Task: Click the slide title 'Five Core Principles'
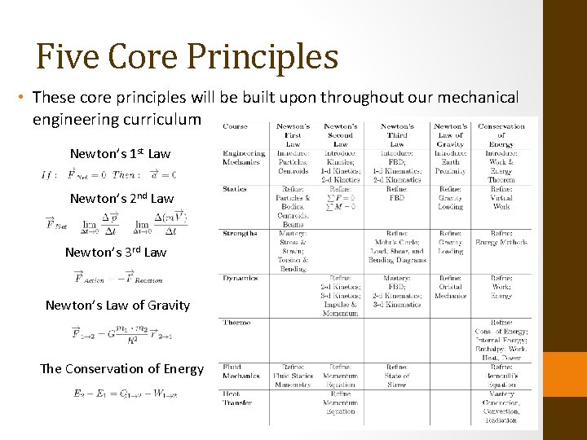[187, 56]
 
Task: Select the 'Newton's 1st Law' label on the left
[120, 153]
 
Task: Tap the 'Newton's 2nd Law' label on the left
[121, 198]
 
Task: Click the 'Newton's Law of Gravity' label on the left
[117, 306]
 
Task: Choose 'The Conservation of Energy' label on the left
[121, 368]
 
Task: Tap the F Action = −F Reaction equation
[118, 279]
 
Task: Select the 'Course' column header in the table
[235, 126]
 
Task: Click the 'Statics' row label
[234, 189]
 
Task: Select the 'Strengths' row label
[240, 233]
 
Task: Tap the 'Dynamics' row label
[239, 278]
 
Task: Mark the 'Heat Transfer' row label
[239, 398]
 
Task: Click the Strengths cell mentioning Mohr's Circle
[397, 247]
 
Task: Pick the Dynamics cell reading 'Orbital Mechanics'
[450, 291]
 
